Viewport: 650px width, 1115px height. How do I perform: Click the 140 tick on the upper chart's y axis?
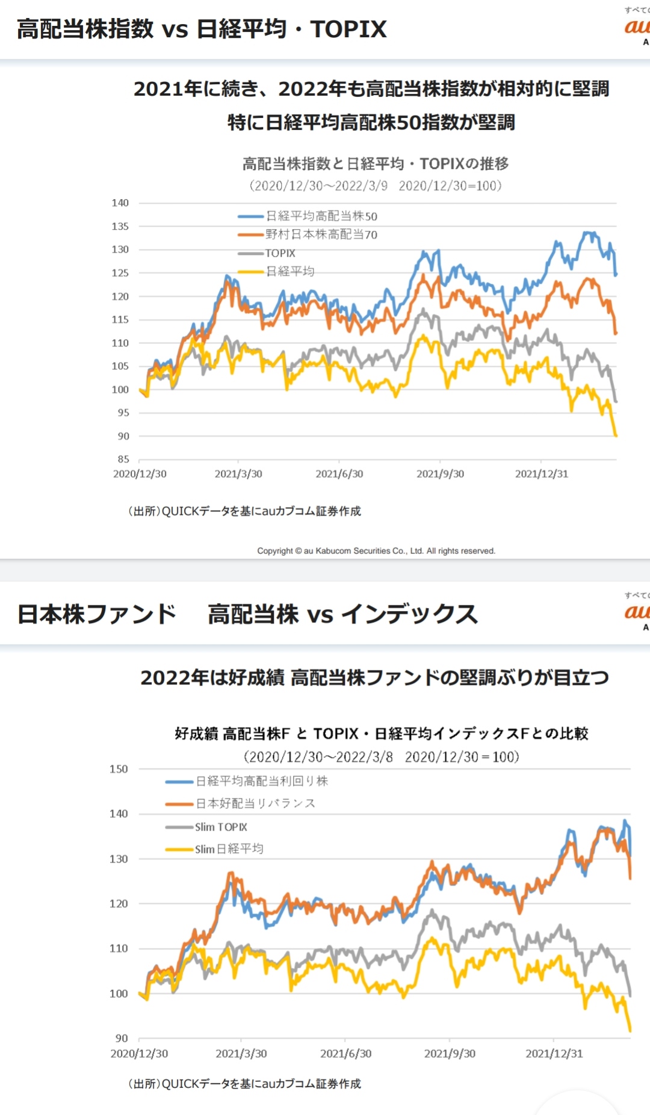(120, 203)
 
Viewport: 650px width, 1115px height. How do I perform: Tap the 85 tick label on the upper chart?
(123, 459)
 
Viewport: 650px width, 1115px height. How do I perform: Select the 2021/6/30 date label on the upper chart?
(339, 474)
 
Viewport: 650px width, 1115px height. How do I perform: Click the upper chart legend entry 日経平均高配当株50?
(321, 216)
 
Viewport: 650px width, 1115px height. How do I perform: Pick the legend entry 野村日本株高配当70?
(321, 235)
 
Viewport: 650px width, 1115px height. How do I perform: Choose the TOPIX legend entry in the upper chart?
(280, 253)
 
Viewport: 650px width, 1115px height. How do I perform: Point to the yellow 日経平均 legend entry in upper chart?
(290, 271)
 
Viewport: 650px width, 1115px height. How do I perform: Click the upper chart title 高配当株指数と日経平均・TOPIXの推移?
(376, 164)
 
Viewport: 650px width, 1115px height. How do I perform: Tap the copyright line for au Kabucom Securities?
(376, 550)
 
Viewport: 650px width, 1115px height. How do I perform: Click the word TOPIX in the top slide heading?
(348, 29)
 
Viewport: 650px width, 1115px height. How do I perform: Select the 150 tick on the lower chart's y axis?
(119, 769)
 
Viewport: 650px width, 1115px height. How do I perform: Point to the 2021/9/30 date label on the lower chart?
(450, 1054)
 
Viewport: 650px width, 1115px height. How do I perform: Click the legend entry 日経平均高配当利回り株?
(262, 781)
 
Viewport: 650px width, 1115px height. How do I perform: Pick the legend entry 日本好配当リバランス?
(255, 803)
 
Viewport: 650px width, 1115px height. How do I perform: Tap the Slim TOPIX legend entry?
(221, 827)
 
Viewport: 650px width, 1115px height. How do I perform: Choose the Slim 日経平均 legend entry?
(229, 849)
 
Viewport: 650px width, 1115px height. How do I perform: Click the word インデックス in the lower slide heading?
(409, 614)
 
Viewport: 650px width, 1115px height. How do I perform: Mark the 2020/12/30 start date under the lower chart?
(139, 1054)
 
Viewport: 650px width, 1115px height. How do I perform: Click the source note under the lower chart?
(244, 1084)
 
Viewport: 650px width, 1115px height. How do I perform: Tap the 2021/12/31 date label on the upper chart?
(542, 474)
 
